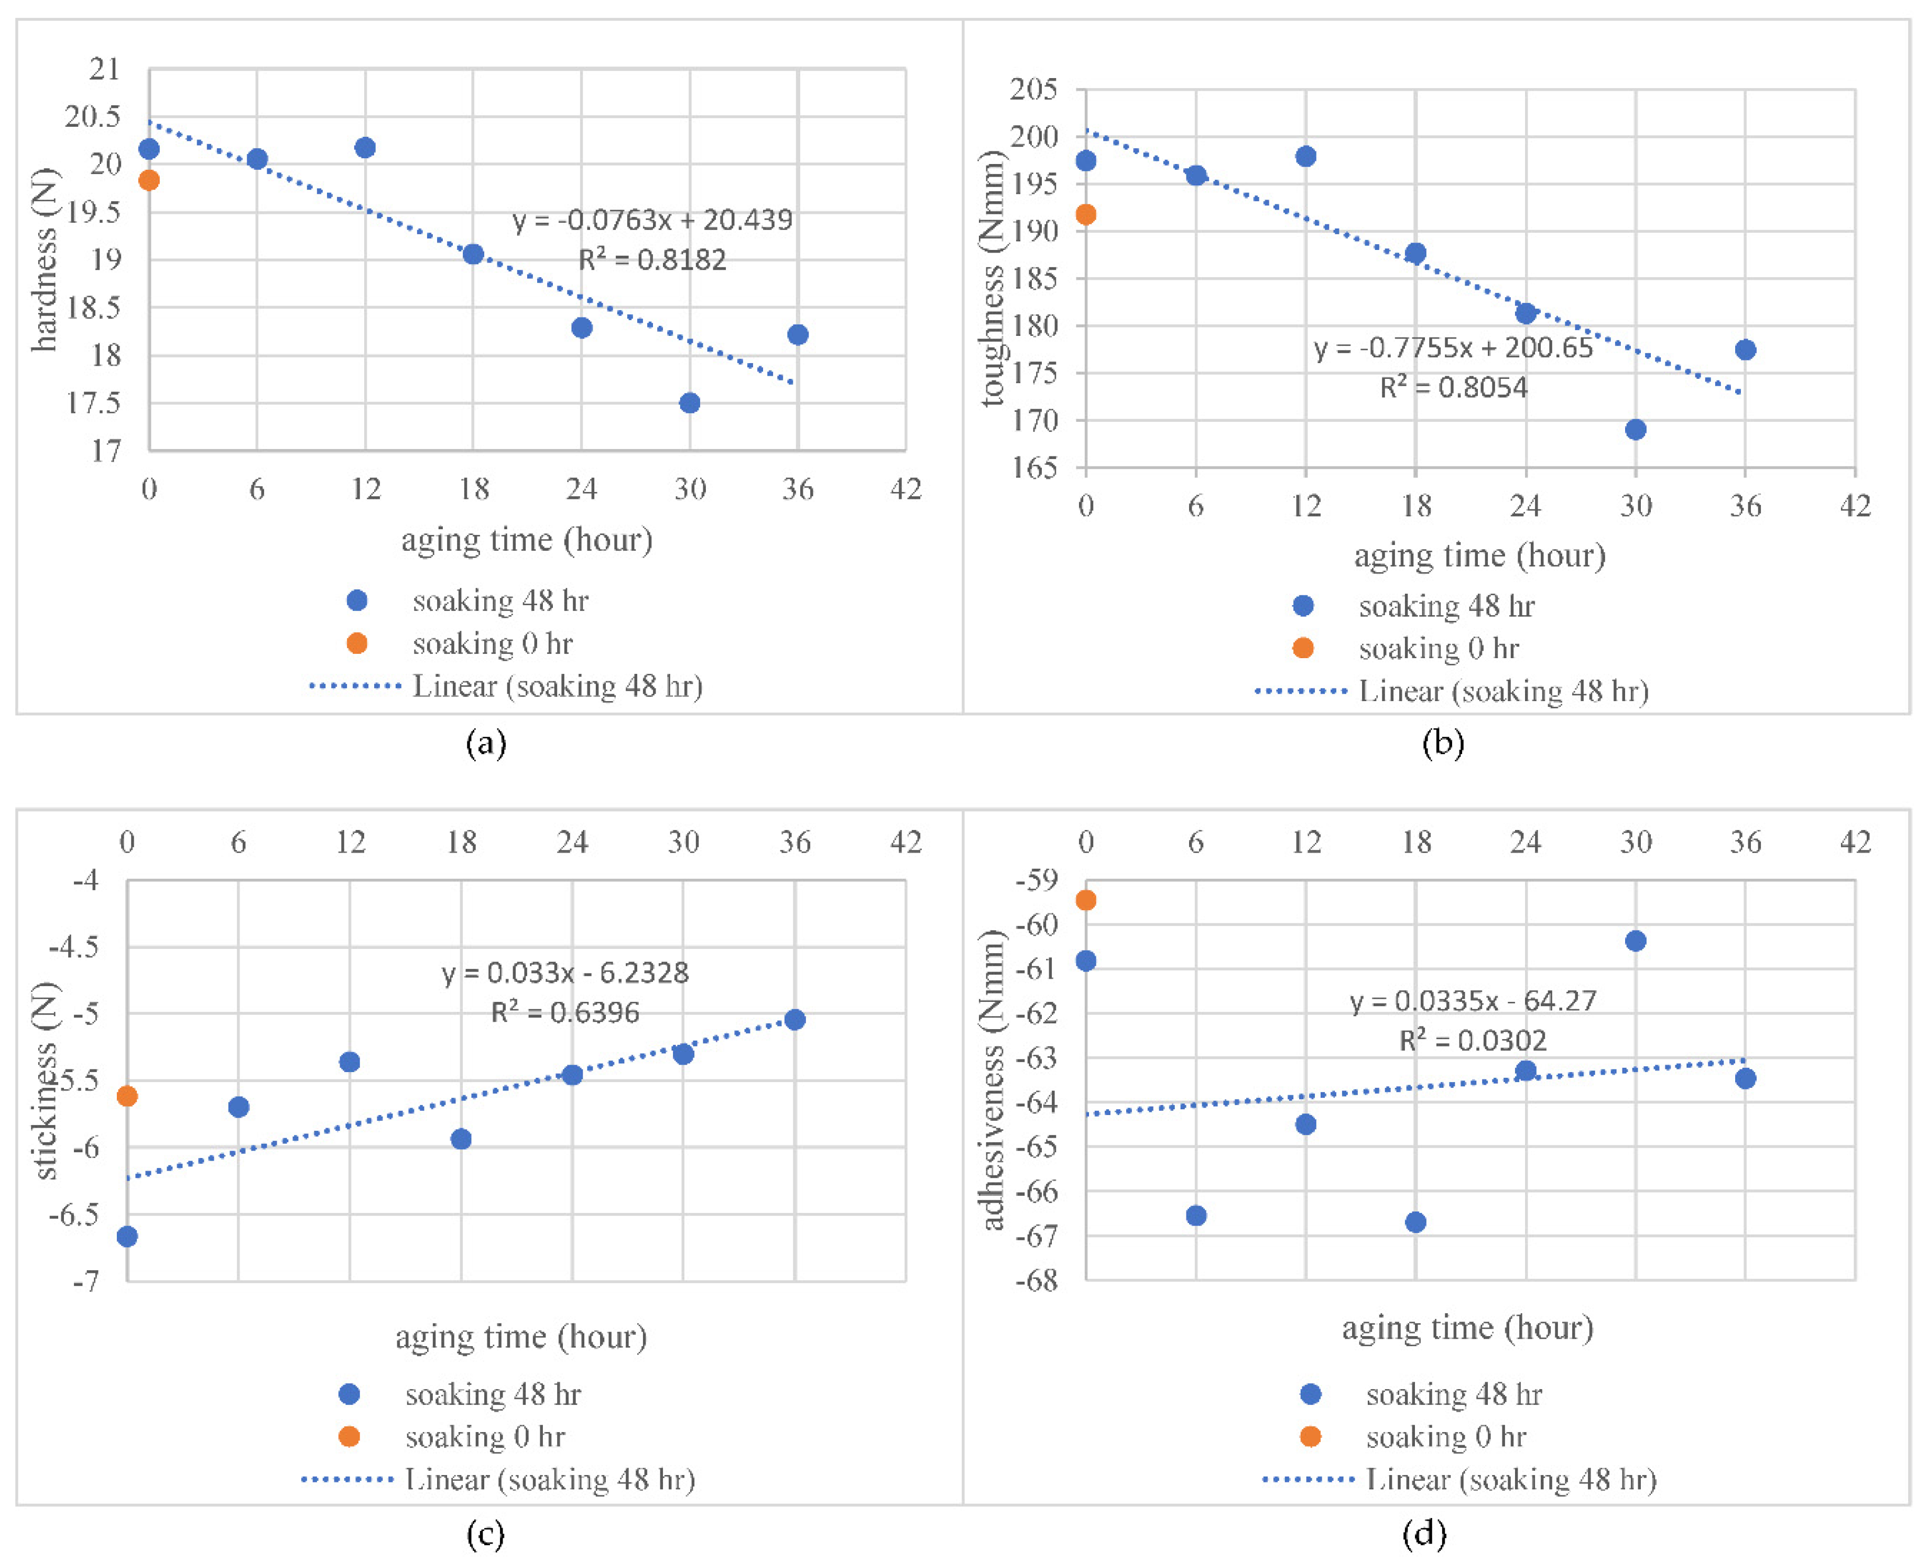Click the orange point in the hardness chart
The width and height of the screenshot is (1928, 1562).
(x=149, y=180)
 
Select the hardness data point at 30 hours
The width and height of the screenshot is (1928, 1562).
(x=689, y=402)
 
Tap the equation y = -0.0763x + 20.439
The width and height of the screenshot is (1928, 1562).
(x=652, y=220)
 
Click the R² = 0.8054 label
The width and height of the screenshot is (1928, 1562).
(x=1453, y=388)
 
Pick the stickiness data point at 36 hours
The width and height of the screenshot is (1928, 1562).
(x=794, y=1020)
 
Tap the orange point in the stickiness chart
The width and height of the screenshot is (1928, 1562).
(x=127, y=1096)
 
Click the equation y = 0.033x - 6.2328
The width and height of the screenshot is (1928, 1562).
(x=565, y=973)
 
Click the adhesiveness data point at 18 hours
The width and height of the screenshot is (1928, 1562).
(x=1415, y=1222)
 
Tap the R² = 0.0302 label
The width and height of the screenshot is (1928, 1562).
(x=1473, y=1041)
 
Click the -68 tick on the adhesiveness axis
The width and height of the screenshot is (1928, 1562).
(x=1037, y=1281)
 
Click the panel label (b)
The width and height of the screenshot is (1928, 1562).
(x=1443, y=743)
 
